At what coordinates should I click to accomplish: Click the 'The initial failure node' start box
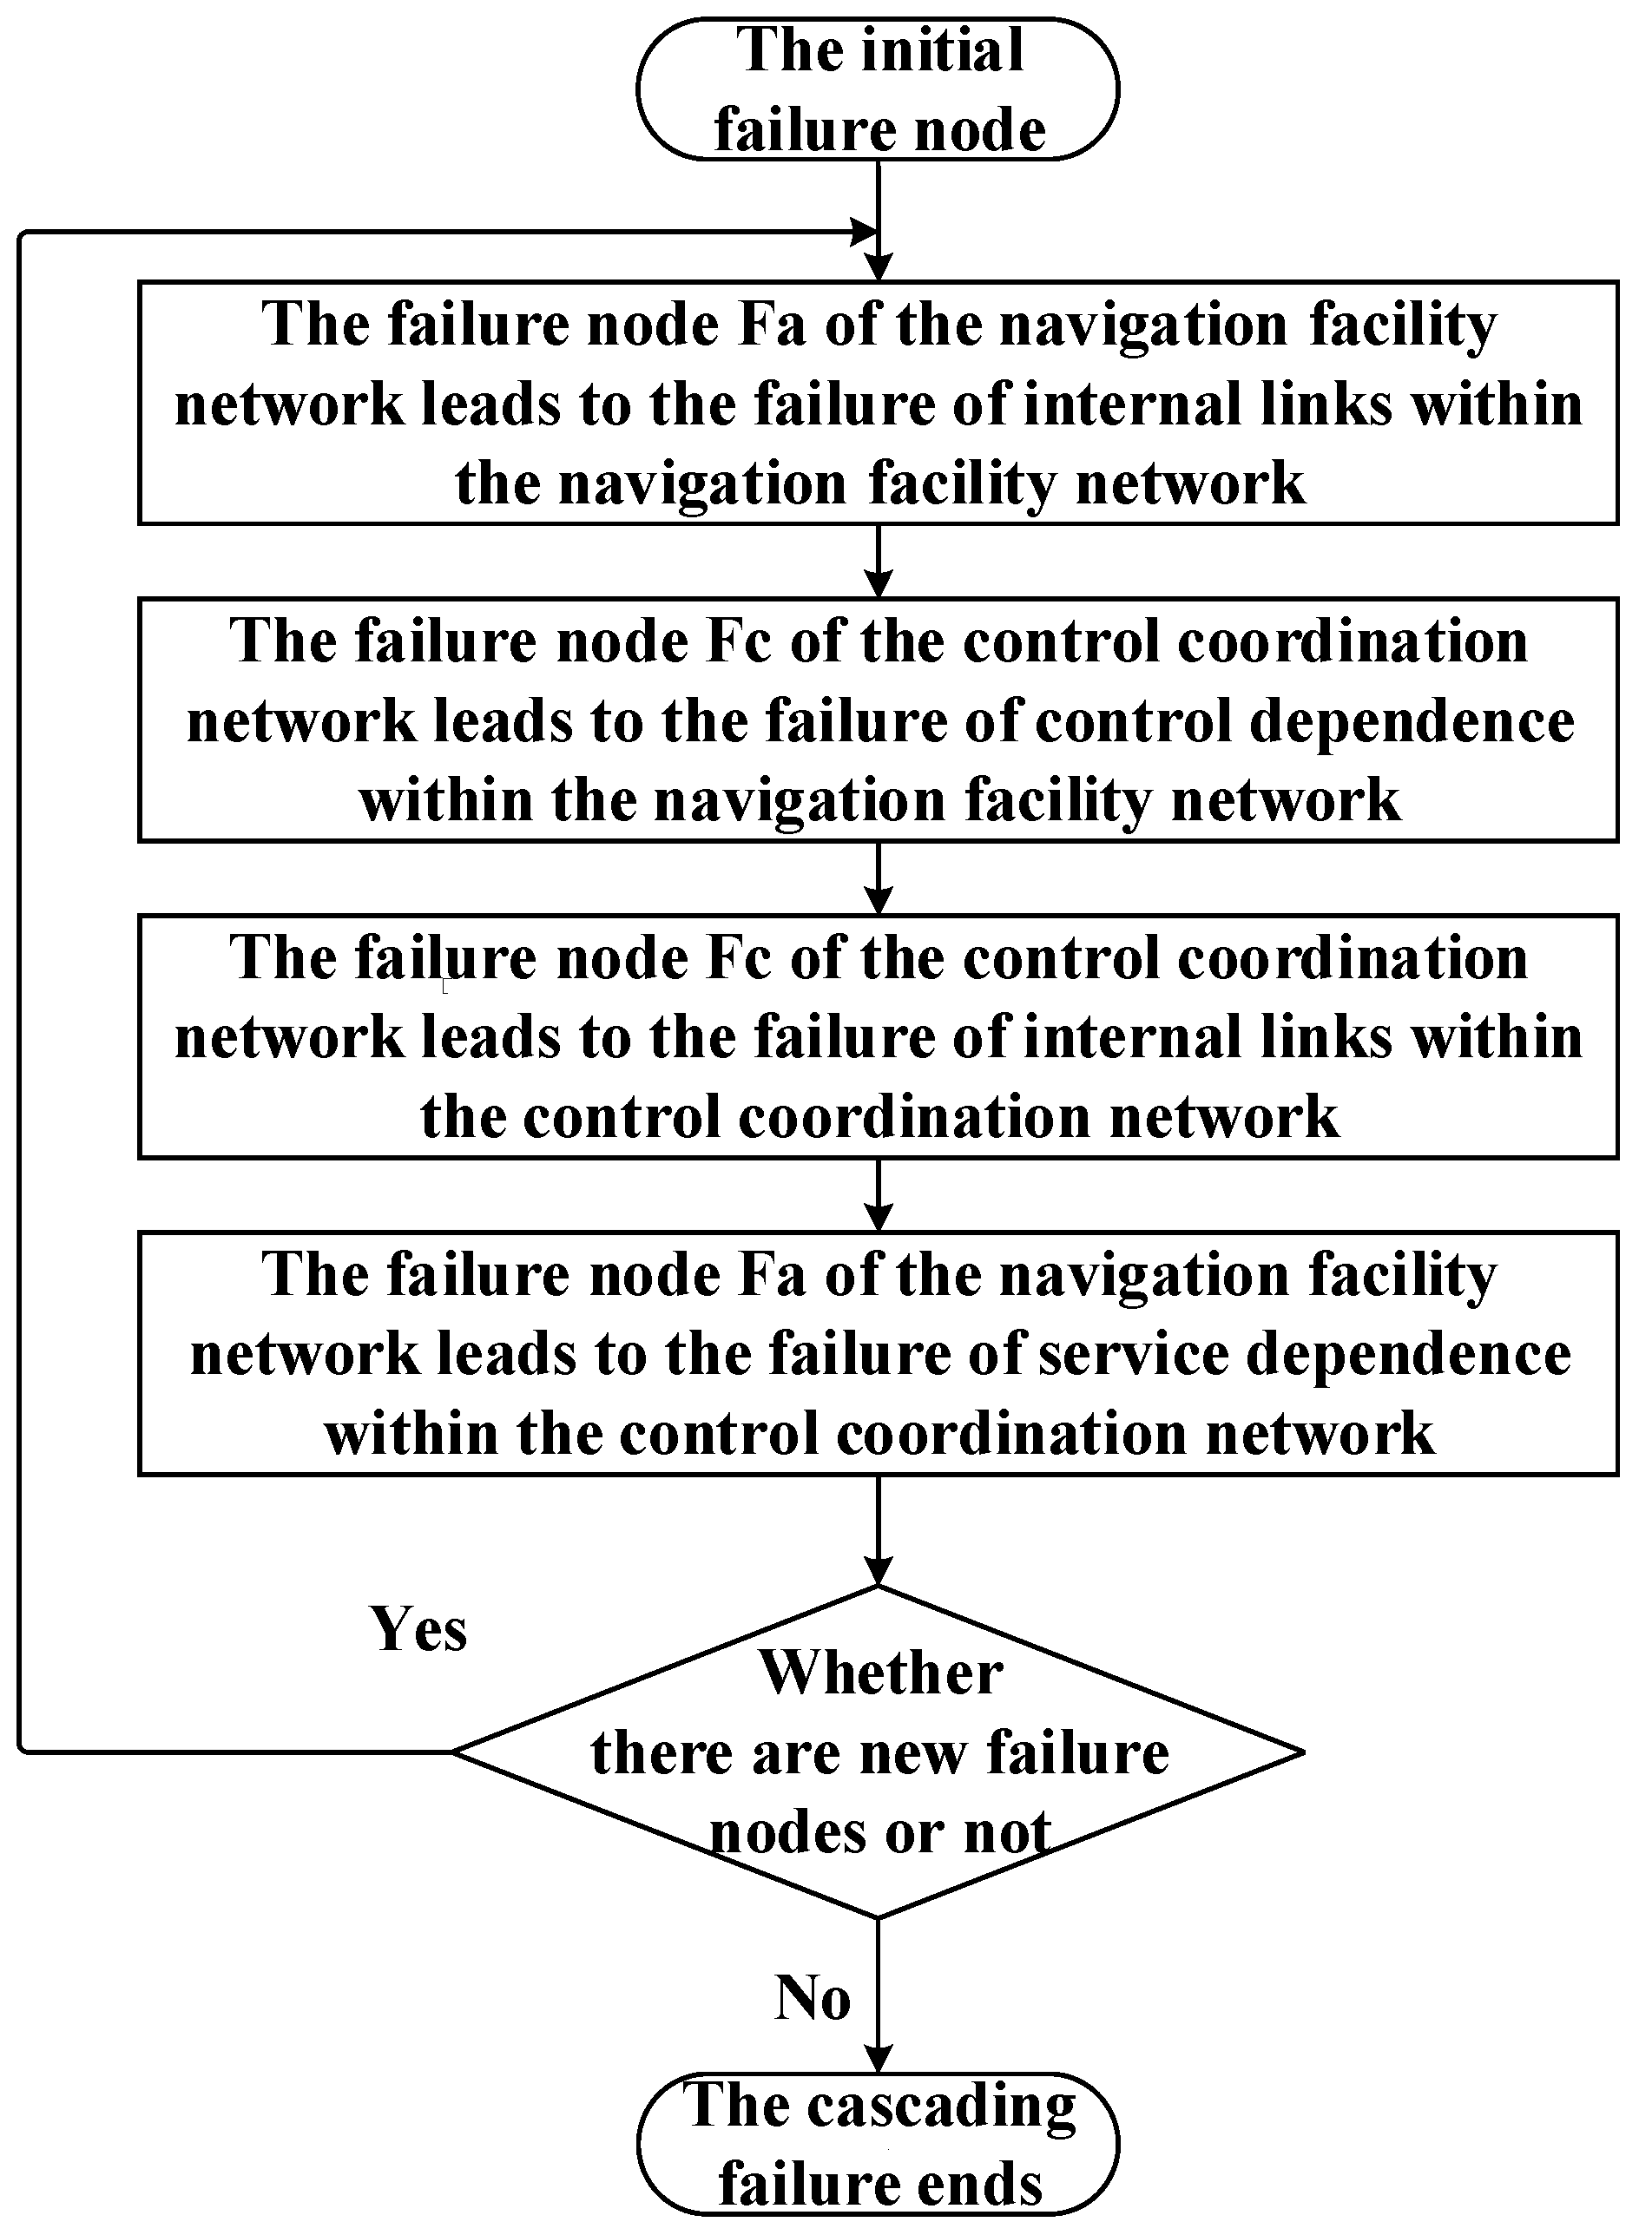click(877, 89)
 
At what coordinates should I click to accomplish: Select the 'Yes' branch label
click(418, 1629)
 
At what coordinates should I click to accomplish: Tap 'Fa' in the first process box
click(773, 325)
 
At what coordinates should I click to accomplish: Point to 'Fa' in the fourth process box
click(773, 1275)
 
